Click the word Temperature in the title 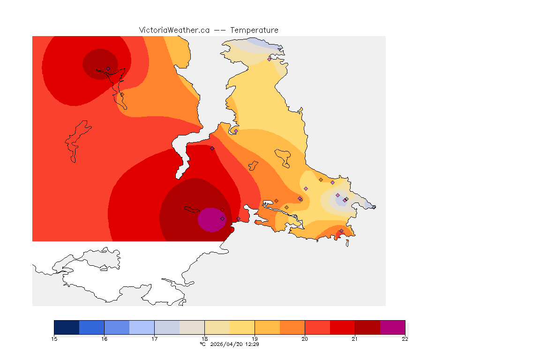click(x=254, y=30)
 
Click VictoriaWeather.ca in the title click(x=174, y=30)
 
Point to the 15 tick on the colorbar click(x=54, y=339)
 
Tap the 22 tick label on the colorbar click(x=405, y=339)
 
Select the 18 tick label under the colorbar click(x=204, y=339)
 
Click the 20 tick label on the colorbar click(x=305, y=339)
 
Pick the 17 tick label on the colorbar click(x=154, y=339)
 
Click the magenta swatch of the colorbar click(x=392, y=327)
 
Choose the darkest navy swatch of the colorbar click(x=67, y=327)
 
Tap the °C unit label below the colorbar click(x=202, y=344)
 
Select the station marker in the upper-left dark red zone click(x=108, y=68)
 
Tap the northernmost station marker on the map click(x=269, y=59)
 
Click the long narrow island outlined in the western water click(x=77, y=141)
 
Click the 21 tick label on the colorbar click(x=355, y=339)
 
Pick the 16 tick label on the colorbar click(x=104, y=339)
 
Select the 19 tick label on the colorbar click(x=255, y=339)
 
